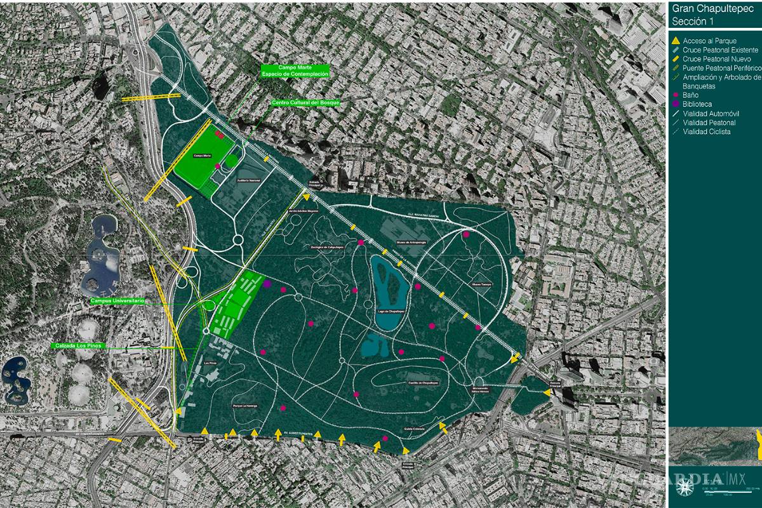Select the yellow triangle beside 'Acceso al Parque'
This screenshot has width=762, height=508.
[676, 41]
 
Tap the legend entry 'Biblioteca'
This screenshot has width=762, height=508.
[697, 104]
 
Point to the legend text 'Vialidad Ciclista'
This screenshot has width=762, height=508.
[706, 132]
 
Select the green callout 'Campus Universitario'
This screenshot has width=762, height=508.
[117, 300]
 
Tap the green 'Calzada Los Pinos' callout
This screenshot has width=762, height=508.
[79, 346]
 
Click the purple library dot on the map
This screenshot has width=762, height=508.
[267, 284]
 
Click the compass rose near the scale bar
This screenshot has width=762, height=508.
[685, 488]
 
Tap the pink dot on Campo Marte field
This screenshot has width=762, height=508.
[218, 166]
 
